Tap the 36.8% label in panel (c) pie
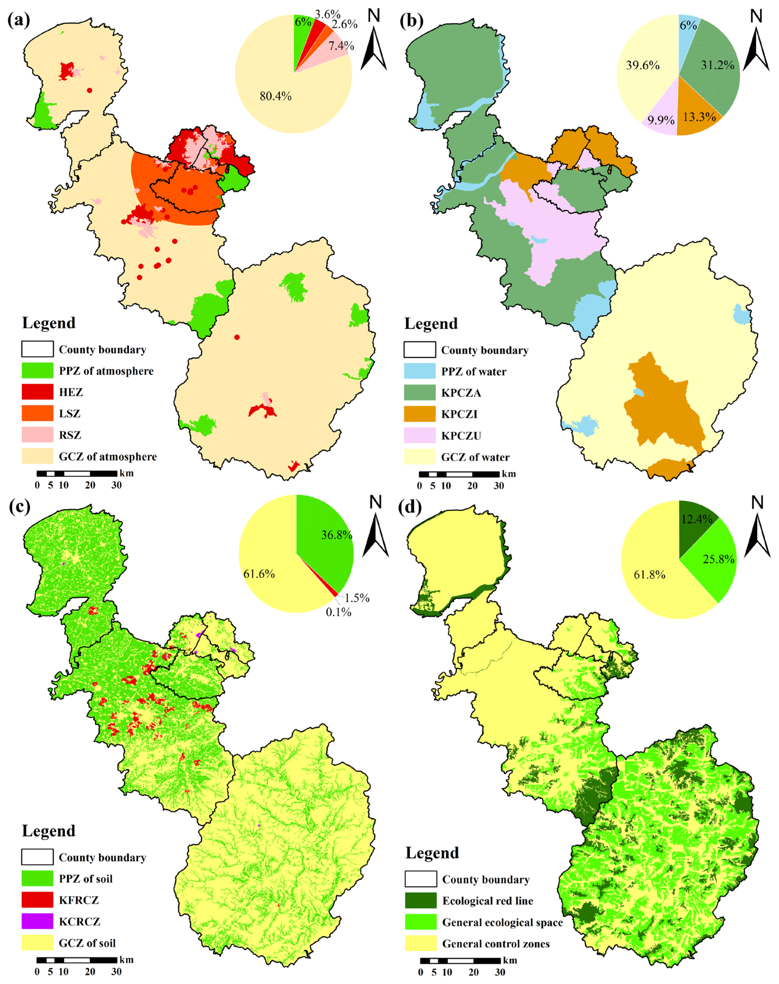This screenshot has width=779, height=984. pyautogui.click(x=336, y=535)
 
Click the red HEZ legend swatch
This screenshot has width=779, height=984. pyautogui.click(x=37, y=392)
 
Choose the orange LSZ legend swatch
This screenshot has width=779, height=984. pyautogui.click(x=37, y=413)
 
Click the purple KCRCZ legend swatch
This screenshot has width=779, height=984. pyautogui.click(x=37, y=922)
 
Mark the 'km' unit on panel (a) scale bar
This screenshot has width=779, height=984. pyautogui.click(x=126, y=473)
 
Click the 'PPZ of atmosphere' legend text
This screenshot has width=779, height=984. pyautogui.click(x=106, y=371)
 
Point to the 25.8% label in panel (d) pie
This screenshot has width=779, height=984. pyautogui.click(x=718, y=559)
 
